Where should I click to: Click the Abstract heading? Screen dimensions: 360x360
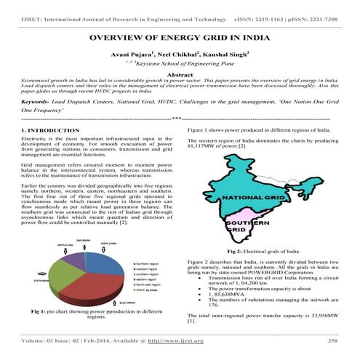pyautogui.click(x=180, y=75)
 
